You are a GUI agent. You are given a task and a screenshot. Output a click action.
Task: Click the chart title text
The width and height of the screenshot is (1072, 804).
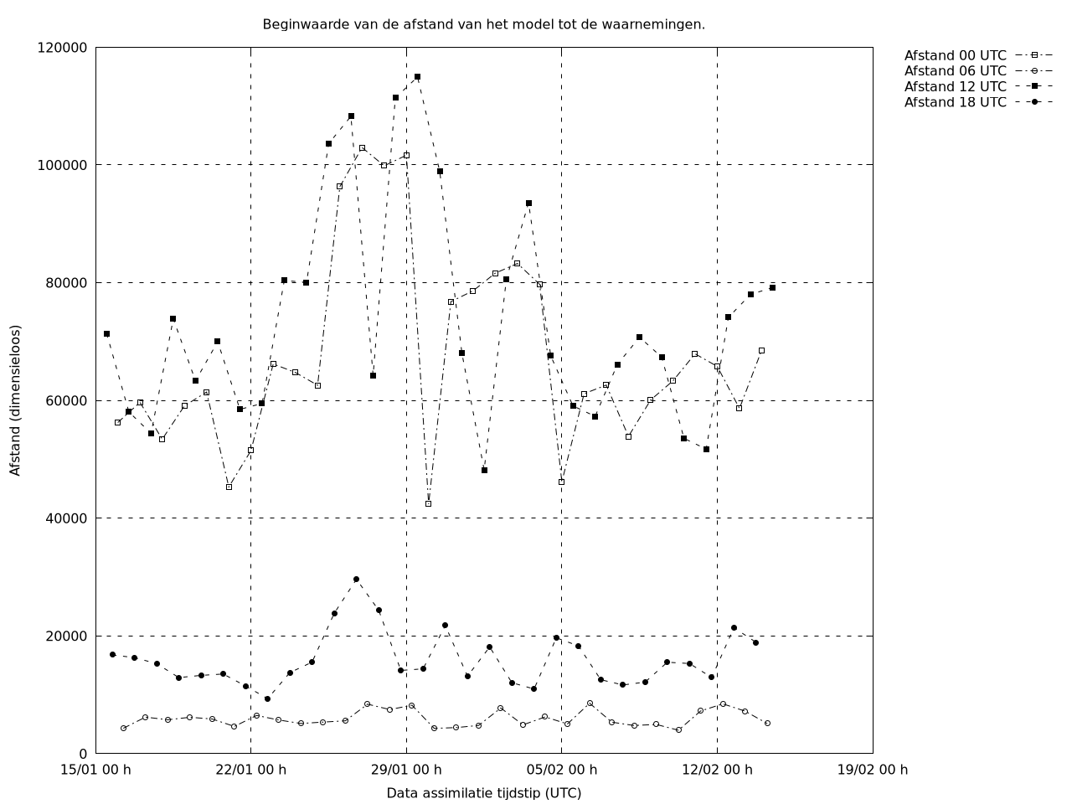pyautogui.click(x=483, y=24)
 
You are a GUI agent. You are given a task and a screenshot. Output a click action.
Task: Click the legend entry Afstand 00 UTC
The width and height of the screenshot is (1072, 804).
pyautogui.click(x=955, y=55)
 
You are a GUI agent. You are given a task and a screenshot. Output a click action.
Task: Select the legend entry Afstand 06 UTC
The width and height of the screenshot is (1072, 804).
pyautogui.click(x=955, y=70)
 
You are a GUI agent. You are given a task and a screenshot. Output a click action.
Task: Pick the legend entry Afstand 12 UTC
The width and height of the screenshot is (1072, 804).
pyautogui.click(x=955, y=86)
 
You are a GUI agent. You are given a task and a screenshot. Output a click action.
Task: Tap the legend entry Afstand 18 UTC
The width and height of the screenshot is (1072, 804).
pyautogui.click(x=955, y=102)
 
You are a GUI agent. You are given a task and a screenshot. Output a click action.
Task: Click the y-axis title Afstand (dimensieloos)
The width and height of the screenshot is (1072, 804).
pyautogui.click(x=16, y=400)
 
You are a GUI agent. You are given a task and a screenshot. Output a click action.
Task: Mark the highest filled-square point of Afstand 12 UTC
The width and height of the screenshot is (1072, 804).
pyautogui.click(x=417, y=76)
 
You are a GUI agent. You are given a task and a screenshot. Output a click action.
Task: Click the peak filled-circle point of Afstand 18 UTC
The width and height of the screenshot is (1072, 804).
pyautogui.click(x=356, y=579)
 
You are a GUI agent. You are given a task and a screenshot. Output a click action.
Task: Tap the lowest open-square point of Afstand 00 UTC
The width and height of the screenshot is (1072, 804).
pyautogui.click(x=428, y=503)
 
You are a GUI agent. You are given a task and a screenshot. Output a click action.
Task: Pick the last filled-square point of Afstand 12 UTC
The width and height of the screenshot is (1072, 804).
pyautogui.click(x=772, y=287)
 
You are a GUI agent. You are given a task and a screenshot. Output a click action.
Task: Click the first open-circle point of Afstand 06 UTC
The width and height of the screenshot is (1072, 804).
pyautogui.click(x=123, y=728)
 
